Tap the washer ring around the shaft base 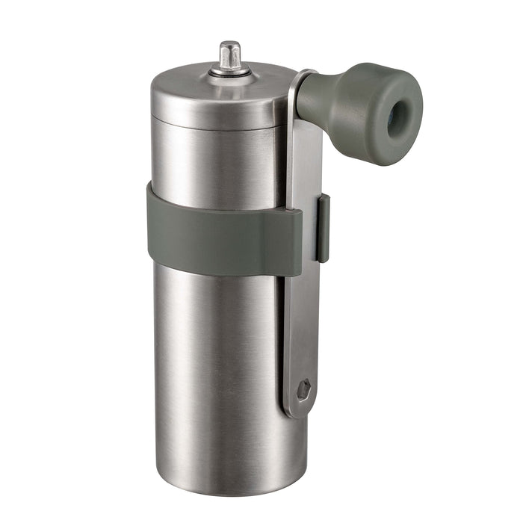tap(229, 72)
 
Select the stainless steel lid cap tap(217, 97)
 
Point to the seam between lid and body tap(217, 120)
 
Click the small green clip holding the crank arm tap(322, 228)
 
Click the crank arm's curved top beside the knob tap(297, 78)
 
